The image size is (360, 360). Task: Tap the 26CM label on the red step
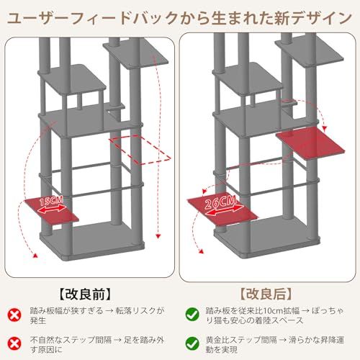pyautogui.click(x=219, y=205)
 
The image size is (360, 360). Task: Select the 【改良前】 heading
pyautogui.click(x=90, y=294)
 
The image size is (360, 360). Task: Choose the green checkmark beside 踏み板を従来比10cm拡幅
pyautogui.click(x=192, y=313)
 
